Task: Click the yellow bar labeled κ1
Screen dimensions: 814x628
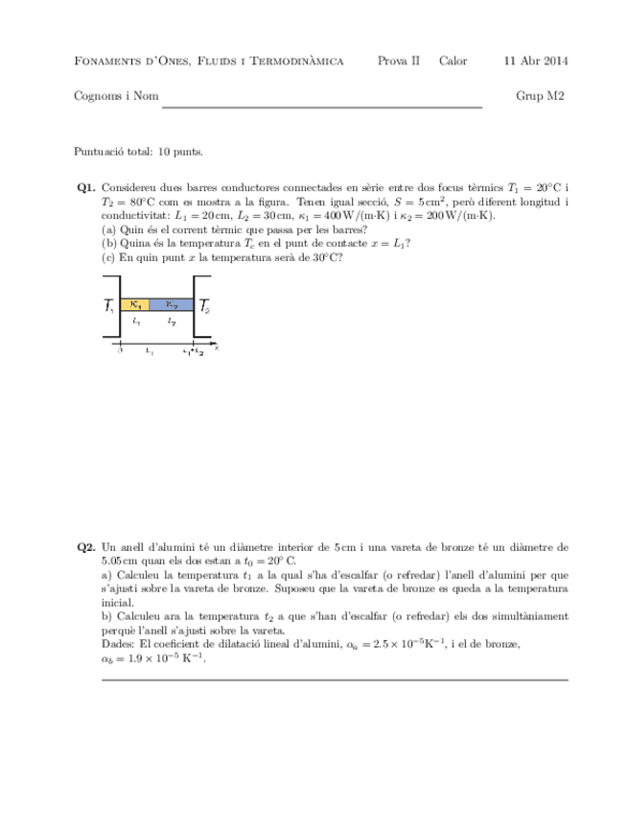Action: (x=135, y=304)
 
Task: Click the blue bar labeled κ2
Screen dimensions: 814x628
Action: (x=173, y=304)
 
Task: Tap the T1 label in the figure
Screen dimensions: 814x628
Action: (x=109, y=308)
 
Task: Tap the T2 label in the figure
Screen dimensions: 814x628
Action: (x=205, y=308)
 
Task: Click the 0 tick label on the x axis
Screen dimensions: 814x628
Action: (x=120, y=351)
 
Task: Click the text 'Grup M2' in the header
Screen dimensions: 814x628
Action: (x=542, y=96)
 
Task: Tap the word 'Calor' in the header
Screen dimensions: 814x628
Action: (x=453, y=61)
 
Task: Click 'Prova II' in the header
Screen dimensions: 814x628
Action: (x=399, y=61)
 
